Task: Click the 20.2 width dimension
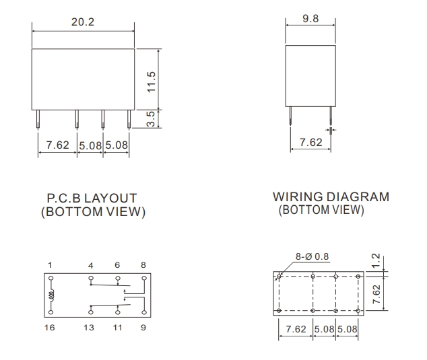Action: point(83,22)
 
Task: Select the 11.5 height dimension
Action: point(151,82)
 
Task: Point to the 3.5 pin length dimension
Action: point(151,119)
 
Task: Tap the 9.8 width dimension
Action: point(310,18)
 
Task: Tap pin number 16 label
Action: point(50,327)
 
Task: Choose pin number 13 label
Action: point(89,327)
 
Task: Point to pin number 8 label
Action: point(143,264)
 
